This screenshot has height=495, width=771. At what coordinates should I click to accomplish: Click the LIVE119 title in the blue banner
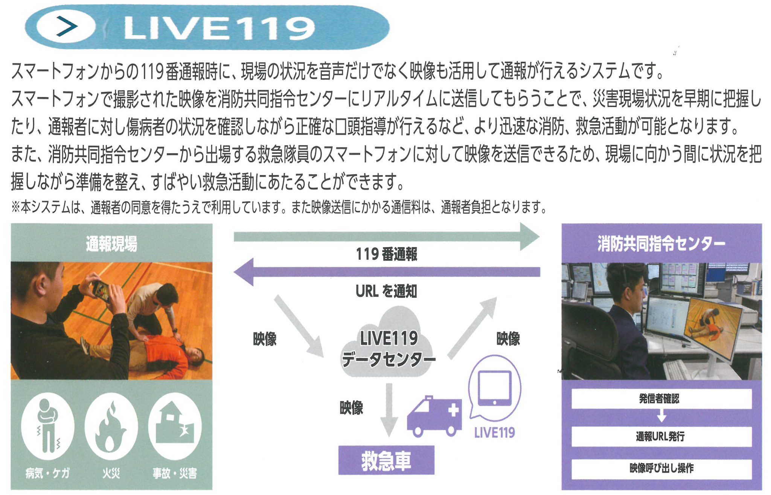coord(219,28)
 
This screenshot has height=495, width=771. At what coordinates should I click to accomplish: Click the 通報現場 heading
coord(111,244)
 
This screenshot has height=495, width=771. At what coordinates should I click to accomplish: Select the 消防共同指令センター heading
coord(661,244)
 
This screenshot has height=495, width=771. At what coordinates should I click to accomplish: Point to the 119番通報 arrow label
coord(387,254)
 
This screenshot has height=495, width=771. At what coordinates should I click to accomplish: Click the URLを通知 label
coord(386,291)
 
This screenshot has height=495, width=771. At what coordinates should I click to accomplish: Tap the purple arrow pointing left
coord(387,272)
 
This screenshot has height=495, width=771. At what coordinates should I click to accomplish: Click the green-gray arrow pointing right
coord(387,236)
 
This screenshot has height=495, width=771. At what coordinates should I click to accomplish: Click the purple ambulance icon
coord(434,416)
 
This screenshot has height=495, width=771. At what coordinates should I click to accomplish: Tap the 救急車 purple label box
coord(386,460)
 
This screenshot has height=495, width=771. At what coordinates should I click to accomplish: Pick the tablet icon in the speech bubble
coord(495,388)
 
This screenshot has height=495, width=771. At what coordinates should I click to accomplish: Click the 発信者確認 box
coord(661,399)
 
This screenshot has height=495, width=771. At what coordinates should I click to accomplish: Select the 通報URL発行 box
coord(661,437)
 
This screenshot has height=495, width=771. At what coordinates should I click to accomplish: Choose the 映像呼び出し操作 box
coord(661,469)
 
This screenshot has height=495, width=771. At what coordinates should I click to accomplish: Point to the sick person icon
coord(47,426)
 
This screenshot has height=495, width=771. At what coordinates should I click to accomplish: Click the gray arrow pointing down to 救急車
coord(389,410)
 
